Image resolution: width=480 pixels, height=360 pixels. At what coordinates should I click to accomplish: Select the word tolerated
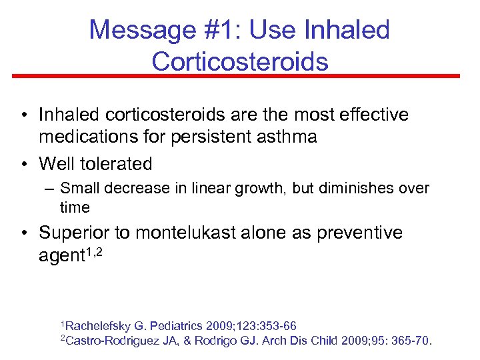click(x=119, y=163)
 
